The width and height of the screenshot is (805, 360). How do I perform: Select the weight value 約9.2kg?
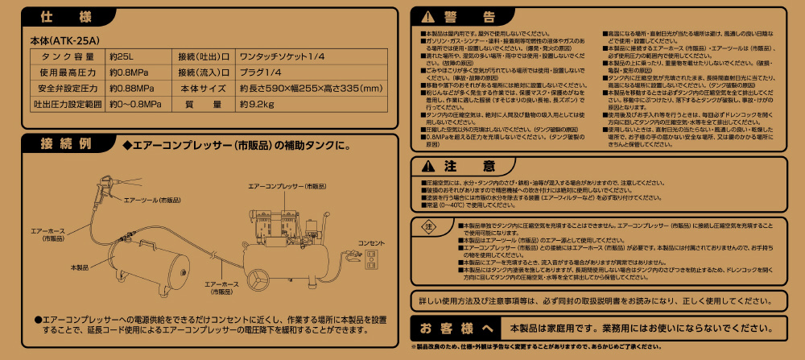tap(253, 105)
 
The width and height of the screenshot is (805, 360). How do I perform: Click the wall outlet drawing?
tap(372, 258)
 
